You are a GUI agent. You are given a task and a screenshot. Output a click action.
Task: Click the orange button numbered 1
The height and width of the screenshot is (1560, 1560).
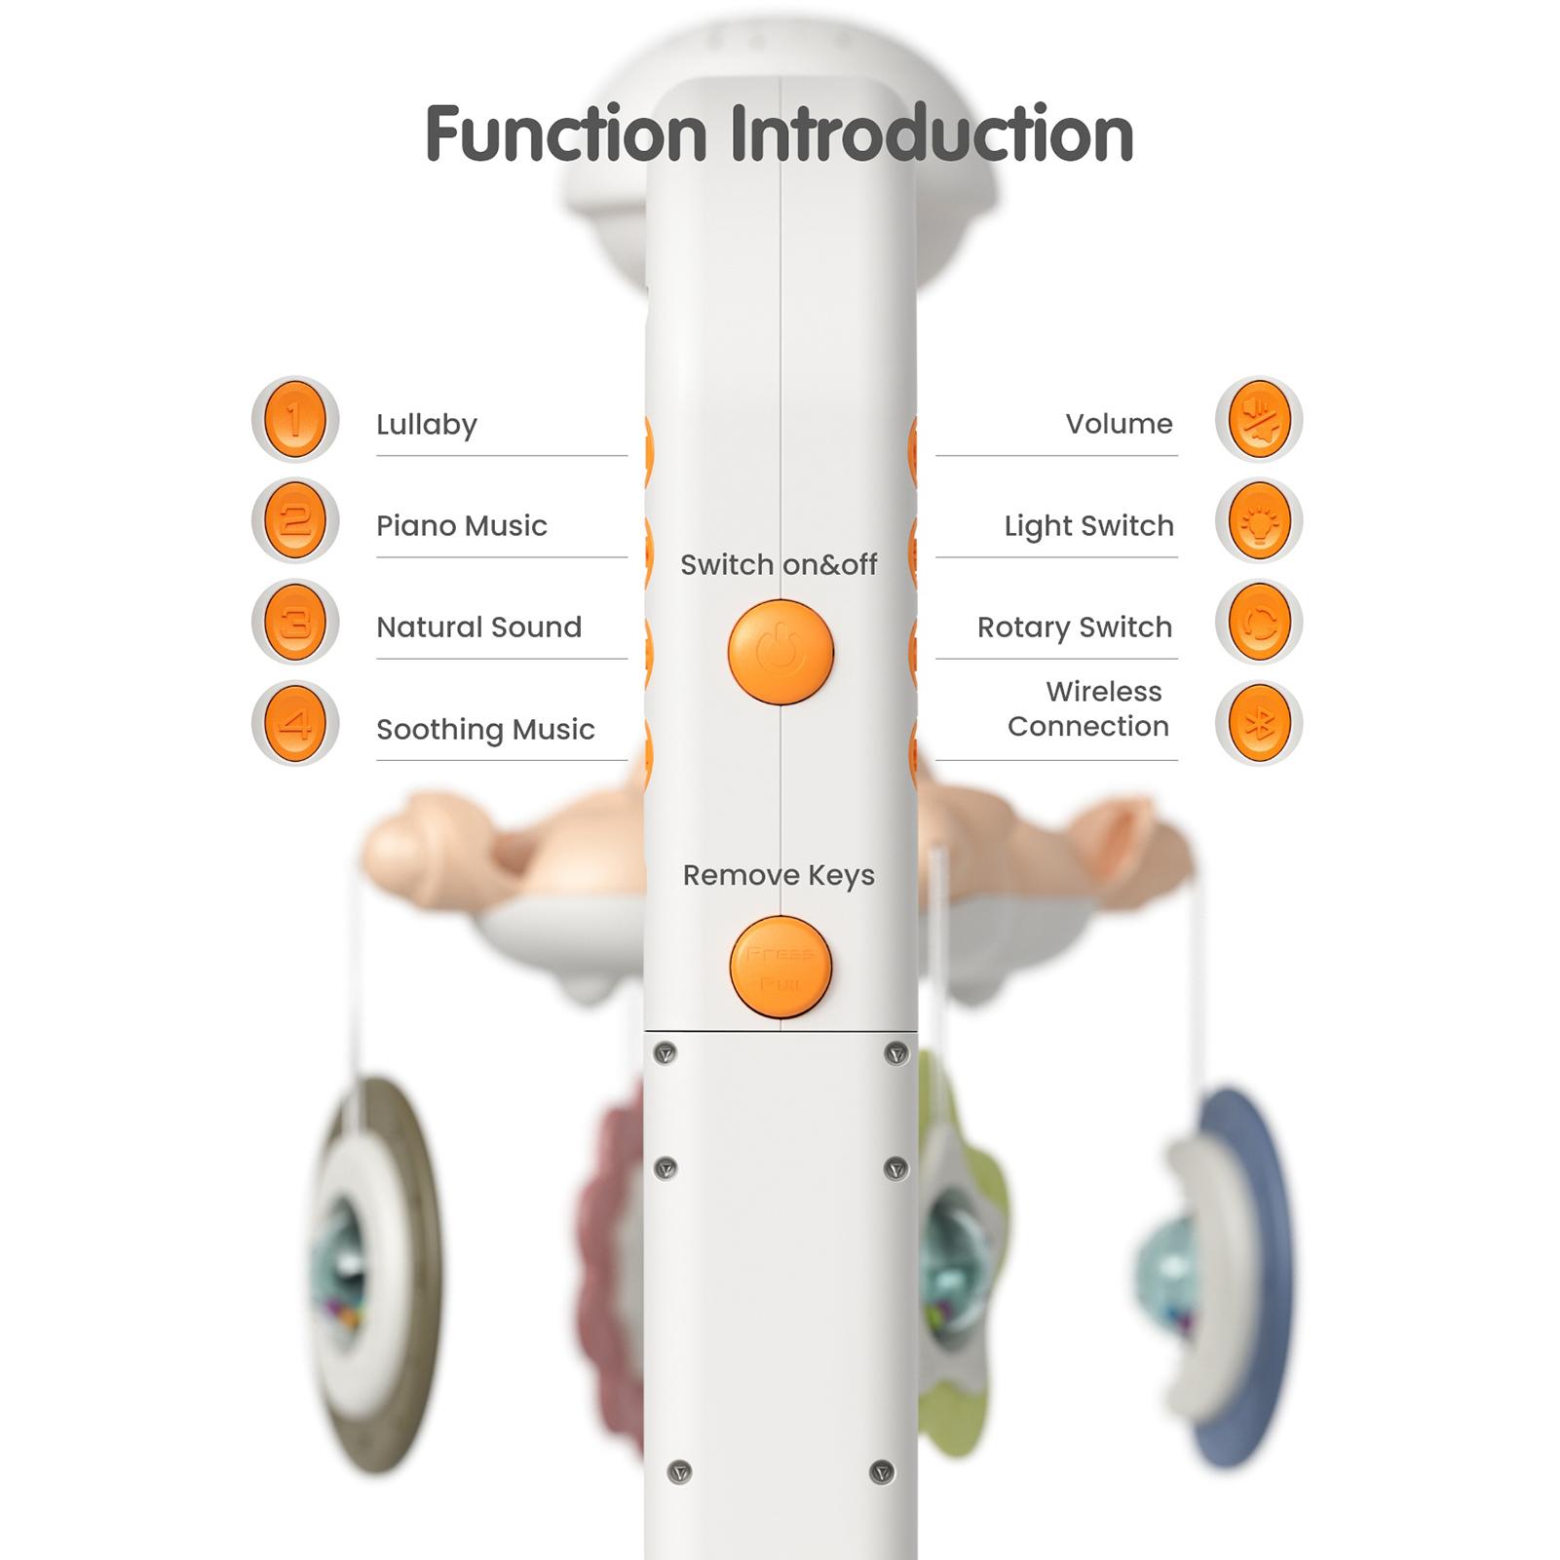[x=294, y=420]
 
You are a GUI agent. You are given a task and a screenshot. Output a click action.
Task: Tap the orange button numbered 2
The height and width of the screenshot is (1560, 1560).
[x=294, y=521]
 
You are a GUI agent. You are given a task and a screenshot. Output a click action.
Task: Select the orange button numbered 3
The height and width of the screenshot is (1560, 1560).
[x=294, y=623]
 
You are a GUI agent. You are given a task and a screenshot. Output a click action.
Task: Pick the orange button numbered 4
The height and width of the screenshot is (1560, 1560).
[x=294, y=724]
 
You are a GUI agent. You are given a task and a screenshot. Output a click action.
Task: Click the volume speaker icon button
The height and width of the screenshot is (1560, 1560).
[x=1259, y=420]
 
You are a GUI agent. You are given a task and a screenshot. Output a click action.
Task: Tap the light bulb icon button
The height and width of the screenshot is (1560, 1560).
[x=1259, y=521]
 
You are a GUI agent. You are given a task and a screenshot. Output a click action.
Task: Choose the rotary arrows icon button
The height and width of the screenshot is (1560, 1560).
[x=1259, y=623]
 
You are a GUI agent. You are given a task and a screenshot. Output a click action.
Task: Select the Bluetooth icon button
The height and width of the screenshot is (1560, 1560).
[x=1259, y=724]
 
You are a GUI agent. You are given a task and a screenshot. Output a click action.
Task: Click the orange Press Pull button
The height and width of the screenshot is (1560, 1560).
[x=780, y=967]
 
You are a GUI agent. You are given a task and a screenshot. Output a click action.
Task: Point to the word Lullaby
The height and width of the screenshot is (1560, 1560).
[x=427, y=425]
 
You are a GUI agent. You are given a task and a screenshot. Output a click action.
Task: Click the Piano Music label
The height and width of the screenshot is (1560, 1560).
[x=462, y=526]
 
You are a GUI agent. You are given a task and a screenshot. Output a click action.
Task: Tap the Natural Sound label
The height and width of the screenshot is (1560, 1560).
[x=478, y=628]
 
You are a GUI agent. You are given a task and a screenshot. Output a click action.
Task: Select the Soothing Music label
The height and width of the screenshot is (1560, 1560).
[x=485, y=730]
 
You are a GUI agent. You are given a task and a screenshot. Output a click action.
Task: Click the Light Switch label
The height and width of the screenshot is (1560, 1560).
[x=1088, y=526]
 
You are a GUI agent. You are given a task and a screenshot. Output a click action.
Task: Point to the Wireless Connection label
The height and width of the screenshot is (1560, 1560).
[x=1088, y=709]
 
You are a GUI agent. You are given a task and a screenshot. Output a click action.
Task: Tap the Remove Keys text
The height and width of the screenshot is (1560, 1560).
[x=779, y=876]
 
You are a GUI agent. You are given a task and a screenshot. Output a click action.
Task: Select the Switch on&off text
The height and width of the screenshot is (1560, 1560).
[x=779, y=565]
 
